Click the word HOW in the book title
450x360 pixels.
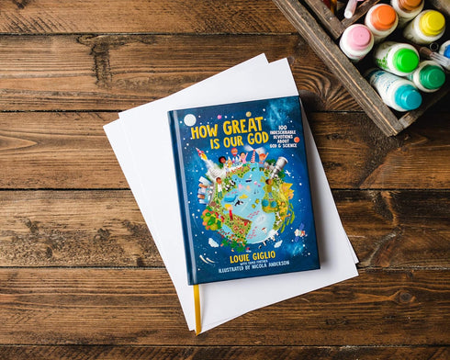204,132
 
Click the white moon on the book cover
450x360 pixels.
190,119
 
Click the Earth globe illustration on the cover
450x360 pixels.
243,204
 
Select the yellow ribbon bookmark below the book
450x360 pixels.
197,308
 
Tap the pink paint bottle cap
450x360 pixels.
356,39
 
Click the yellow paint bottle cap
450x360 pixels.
432,23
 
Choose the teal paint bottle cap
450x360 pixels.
408,96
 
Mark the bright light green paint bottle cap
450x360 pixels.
404,58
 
